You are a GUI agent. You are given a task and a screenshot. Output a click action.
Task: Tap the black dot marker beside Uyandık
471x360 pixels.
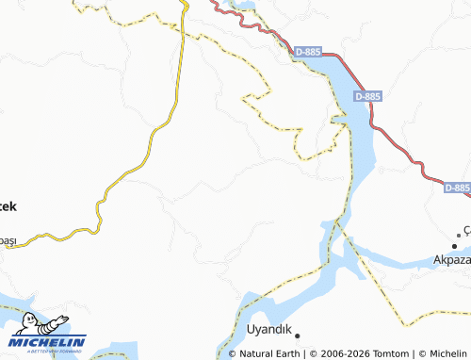point(296,334)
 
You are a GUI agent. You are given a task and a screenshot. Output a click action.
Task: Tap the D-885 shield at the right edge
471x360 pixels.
point(456,188)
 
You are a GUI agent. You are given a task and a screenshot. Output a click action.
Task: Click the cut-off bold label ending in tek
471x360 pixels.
point(8,205)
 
